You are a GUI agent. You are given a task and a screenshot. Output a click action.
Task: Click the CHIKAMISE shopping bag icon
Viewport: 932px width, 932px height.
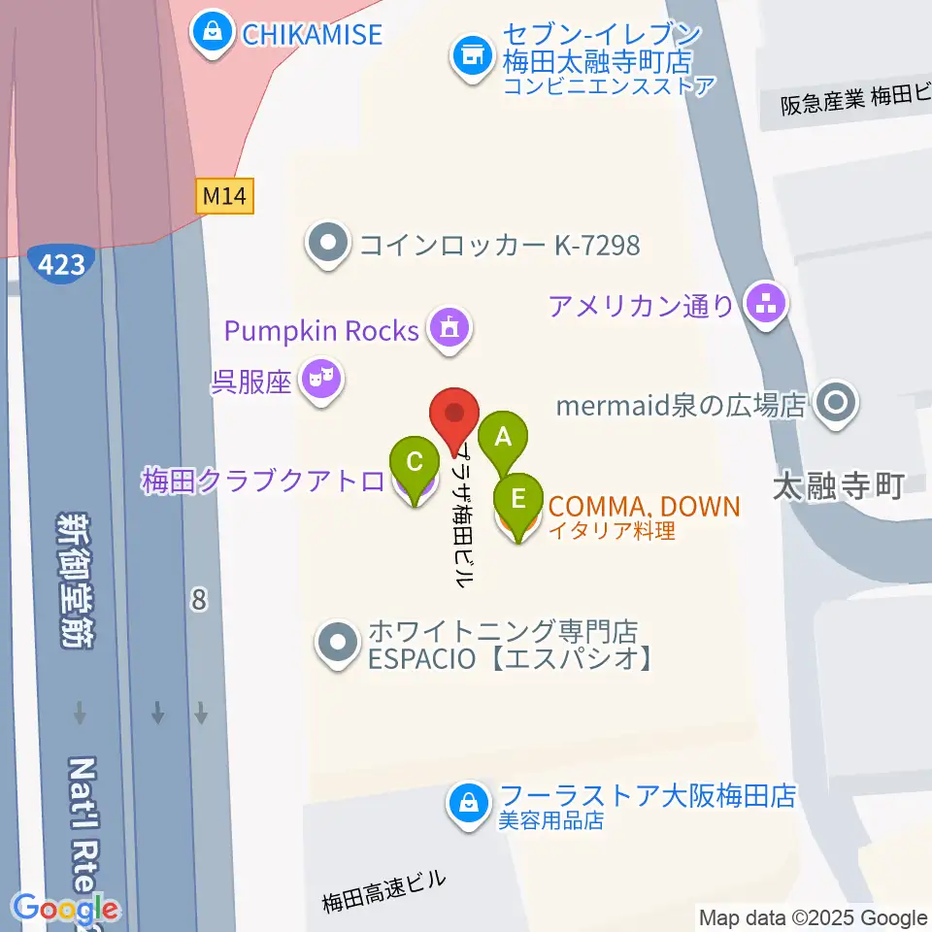pyautogui.click(x=211, y=32)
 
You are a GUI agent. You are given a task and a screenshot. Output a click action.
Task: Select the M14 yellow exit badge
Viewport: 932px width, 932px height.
pyautogui.click(x=223, y=197)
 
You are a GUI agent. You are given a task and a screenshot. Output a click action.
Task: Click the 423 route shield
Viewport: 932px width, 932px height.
pyautogui.click(x=62, y=262)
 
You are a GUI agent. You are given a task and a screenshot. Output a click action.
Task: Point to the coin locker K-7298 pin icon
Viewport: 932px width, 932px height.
pyautogui.click(x=328, y=243)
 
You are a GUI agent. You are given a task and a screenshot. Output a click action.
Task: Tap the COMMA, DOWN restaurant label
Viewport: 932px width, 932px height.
pyautogui.click(x=643, y=506)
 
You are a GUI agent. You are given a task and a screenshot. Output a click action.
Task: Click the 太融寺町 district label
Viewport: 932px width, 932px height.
pyautogui.click(x=838, y=485)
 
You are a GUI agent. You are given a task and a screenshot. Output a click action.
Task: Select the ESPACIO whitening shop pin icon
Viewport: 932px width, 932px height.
pyautogui.click(x=337, y=642)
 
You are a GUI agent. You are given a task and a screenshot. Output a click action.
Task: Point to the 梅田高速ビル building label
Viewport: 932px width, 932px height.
pyautogui.click(x=383, y=891)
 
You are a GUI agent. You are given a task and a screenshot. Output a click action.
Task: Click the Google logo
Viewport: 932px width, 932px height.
pyautogui.click(x=66, y=909)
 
